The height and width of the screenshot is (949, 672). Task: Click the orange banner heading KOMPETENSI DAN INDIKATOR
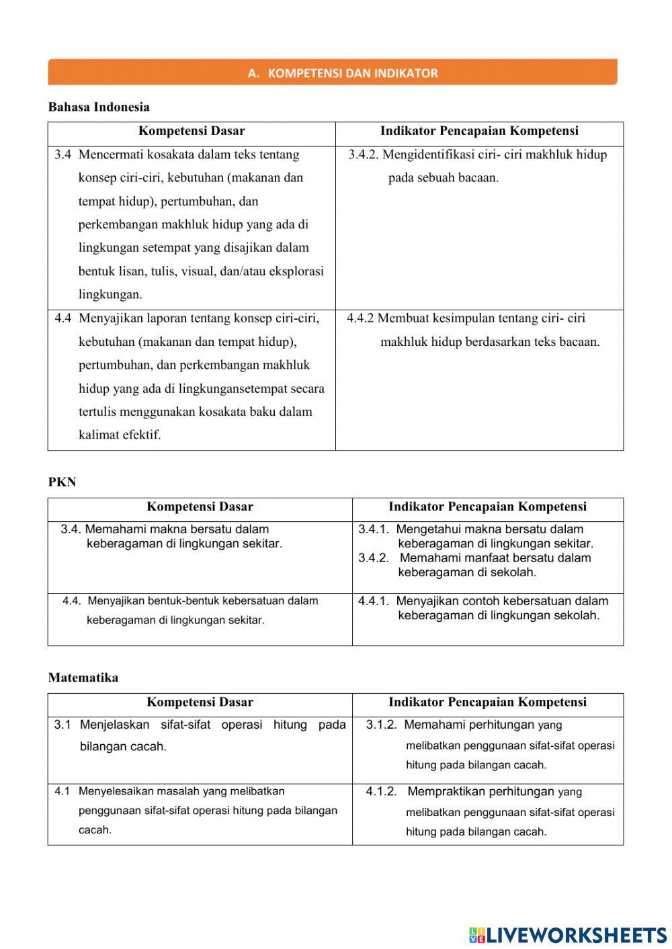pos(343,73)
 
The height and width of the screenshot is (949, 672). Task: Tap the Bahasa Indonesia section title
pos(99,107)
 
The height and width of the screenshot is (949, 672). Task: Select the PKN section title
pos(62,482)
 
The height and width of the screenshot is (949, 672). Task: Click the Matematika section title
pos(83,678)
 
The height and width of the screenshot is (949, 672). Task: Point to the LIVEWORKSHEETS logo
pos(568,934)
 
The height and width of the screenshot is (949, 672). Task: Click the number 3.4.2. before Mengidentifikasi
pos(364,154)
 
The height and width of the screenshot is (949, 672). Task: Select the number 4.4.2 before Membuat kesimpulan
pos(360,318)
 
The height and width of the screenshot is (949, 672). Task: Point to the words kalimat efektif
pos(120,435)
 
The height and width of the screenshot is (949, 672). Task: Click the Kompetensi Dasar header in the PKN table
pos(200,507)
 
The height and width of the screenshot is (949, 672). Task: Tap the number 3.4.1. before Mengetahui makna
pos(373,529)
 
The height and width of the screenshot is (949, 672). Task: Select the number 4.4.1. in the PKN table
pos(373,601)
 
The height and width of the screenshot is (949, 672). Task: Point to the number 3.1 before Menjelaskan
pos(62,725)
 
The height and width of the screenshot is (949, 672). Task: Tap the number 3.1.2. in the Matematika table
pos(381,725)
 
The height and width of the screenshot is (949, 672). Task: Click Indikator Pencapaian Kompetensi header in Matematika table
pos(487,703)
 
